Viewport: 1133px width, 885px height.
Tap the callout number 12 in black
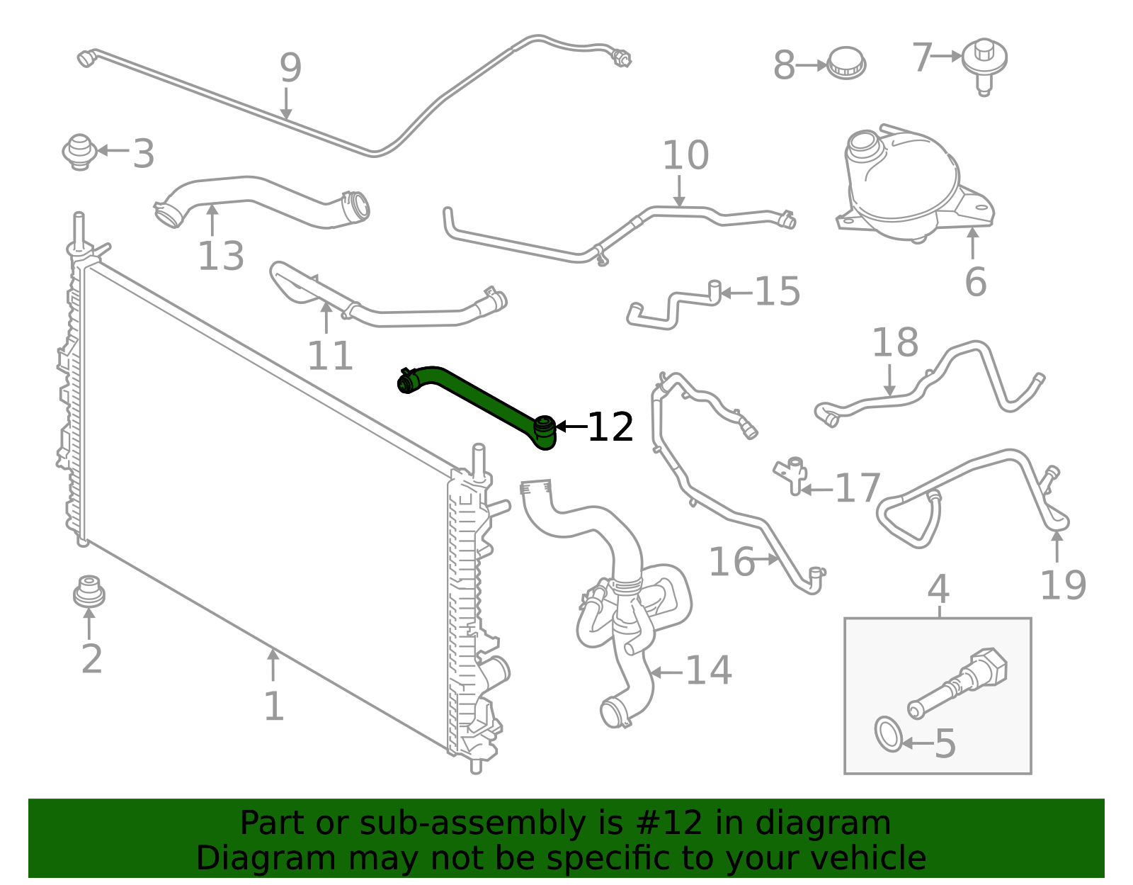tap(610, 427)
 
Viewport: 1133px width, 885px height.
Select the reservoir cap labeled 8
tap(847, 63)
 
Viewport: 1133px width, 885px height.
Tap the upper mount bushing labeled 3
tap(79, 151)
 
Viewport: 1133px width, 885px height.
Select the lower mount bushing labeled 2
tap(89, 592)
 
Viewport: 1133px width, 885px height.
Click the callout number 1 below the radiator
tap(273, 706)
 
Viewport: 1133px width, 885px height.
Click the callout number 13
tap(221, 256)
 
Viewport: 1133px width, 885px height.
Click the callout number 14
tap(709, 670)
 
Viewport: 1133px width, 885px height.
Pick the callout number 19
tap(1063, 585)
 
